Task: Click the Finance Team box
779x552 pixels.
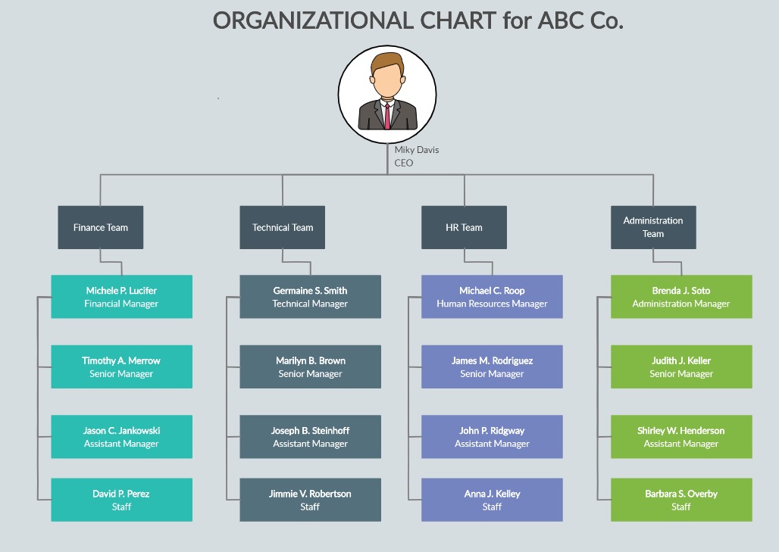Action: tap(100, 227)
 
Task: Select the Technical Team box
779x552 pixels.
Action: tap(282, 227)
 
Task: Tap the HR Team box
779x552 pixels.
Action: tap(464, 227)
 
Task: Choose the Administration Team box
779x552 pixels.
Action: tap(653, 227)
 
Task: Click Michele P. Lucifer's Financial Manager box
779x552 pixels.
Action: tap(122, 297)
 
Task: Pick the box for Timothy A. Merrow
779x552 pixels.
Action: tap(122, 366)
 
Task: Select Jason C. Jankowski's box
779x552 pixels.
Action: tap(122, 437)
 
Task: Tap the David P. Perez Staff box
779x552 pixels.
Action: tap(122, 500)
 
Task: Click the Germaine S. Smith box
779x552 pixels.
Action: tap(311, 297)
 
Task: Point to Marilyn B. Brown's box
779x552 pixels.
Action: tap(311, 366)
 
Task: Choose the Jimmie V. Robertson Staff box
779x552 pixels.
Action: tap(311, 500)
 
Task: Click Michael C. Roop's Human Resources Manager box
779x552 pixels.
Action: tap(493, 297)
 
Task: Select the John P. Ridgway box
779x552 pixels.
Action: tap(493, 437)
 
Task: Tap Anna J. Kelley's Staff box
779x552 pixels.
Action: tap(493, 500)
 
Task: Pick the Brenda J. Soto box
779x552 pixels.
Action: tap(682, 297)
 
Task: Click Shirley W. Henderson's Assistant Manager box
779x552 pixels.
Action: tap(682, 437)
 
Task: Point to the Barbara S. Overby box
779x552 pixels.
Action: tap(682, 500)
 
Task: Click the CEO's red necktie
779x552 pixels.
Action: tap(387, 116)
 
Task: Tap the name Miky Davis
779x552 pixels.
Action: tap(417, 150)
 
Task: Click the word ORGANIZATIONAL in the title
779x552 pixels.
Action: tap(314, 21)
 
